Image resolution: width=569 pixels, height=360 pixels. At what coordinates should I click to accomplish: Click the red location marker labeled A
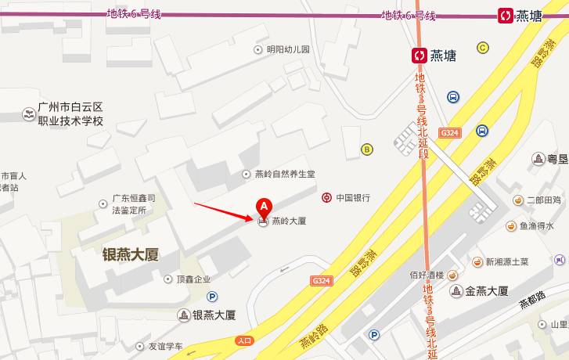click(x=264, y=206)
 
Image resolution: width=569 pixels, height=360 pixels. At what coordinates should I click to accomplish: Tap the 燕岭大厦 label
click(x=288, y=221)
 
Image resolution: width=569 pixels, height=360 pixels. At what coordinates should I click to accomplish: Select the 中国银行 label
click(x=352, y=198)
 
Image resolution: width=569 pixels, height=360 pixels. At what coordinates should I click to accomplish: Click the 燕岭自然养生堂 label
click(x=285, y=174)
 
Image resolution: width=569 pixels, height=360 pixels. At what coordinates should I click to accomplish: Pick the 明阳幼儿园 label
click(x=288, y=49)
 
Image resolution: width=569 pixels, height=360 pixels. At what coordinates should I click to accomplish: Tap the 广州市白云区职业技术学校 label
click(x=70, y=114)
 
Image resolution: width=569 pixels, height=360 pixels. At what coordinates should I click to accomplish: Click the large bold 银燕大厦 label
click(x=131, y=254)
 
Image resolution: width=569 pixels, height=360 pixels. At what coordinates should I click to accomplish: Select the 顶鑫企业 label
click(x=193, y=279)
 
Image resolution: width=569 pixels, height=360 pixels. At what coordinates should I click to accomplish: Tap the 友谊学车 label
click(x=165, y=346)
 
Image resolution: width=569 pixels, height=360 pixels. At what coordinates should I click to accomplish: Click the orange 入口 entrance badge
click(x=244, y=340)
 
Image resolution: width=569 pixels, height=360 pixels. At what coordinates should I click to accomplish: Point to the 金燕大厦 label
click(x=487, y=291)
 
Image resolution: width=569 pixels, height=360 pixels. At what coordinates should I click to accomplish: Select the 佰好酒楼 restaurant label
click(x=427, y=275)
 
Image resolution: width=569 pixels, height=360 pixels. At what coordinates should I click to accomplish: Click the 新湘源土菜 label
click(x=507, y=261)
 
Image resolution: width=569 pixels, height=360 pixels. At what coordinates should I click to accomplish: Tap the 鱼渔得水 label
click(x=535, y=226)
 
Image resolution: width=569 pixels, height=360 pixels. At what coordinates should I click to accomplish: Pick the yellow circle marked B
click(x=366, y=149)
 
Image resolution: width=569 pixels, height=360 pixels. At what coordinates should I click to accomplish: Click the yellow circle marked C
click(x=483, y=47)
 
